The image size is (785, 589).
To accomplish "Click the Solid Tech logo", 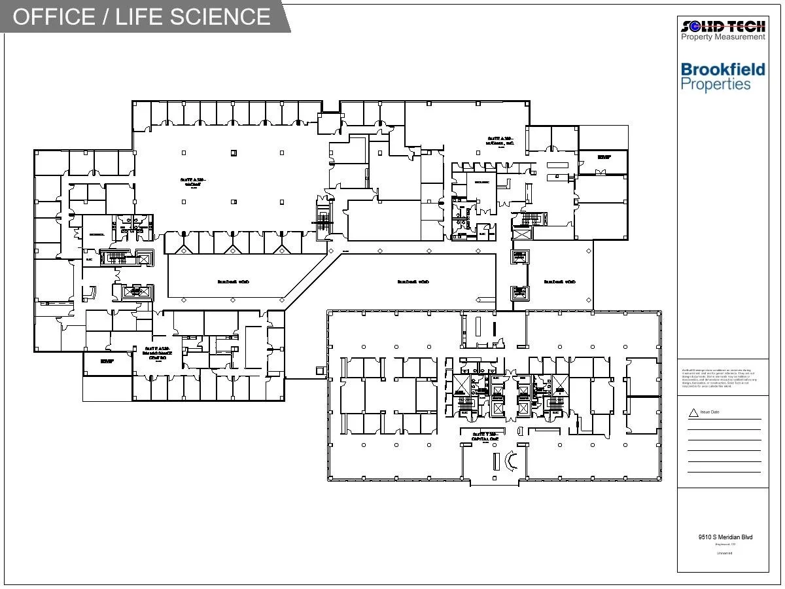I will point(723,26).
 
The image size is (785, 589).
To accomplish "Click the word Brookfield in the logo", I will point(723,69).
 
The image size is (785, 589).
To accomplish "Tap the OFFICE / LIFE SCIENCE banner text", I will point(141,16).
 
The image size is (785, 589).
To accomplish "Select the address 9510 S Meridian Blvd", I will point(725,537).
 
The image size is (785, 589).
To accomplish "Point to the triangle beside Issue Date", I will point(693,413).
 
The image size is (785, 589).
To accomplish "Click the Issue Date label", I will point(710,412).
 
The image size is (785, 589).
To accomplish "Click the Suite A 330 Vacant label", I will point(194,181).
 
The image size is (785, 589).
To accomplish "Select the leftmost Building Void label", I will point(233,282).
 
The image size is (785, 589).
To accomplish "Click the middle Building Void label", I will point(413,282).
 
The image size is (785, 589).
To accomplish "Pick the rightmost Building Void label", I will point(560,282).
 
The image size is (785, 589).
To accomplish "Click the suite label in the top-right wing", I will point(502,141).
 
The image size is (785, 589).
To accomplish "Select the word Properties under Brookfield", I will point(716,84).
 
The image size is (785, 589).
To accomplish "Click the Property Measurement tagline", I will point(723,37).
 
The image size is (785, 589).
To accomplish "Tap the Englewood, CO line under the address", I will point(725,544).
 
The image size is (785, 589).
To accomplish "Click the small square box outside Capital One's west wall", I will point(321,371).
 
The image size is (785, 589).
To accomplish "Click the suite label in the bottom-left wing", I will point(157,353).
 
